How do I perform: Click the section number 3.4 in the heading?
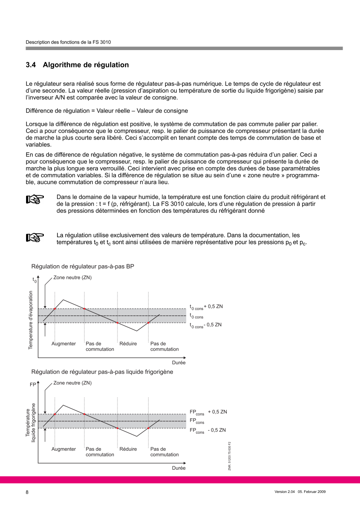click(31, 65)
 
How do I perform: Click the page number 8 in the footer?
click(27, 492)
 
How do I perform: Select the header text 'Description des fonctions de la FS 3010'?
click(68, 42)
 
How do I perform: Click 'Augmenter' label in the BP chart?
click(64, 343)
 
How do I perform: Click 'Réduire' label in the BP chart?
click(128, 343)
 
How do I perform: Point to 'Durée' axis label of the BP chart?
click(179, 363)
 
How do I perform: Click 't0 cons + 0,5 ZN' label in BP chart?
click(206, 307)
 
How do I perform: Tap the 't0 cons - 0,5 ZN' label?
click(206, 325)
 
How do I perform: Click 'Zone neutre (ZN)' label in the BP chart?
click(72, 277)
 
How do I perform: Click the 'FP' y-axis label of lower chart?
click(33, 384)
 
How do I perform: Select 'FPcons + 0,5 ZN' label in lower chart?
click(208, 412)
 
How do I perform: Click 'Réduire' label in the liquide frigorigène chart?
click(128, 449)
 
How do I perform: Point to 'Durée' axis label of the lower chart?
click(179, 468)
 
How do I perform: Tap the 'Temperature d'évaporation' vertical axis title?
click(31, 319)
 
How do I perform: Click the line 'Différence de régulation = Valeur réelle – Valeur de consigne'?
click(107, 110)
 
